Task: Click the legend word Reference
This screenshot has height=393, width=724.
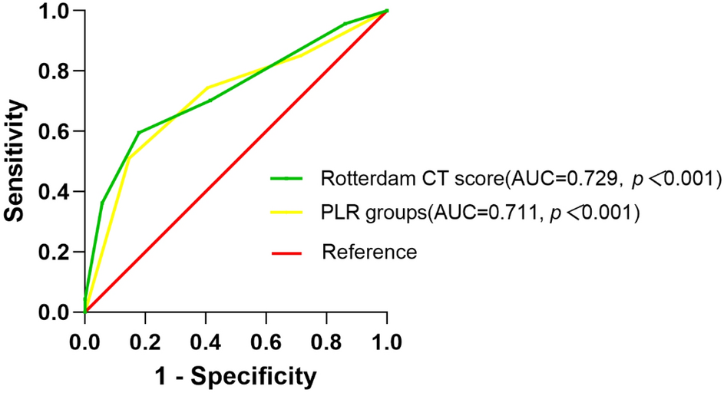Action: coord(369,252)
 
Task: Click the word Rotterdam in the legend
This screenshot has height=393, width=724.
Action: coord(363,179)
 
